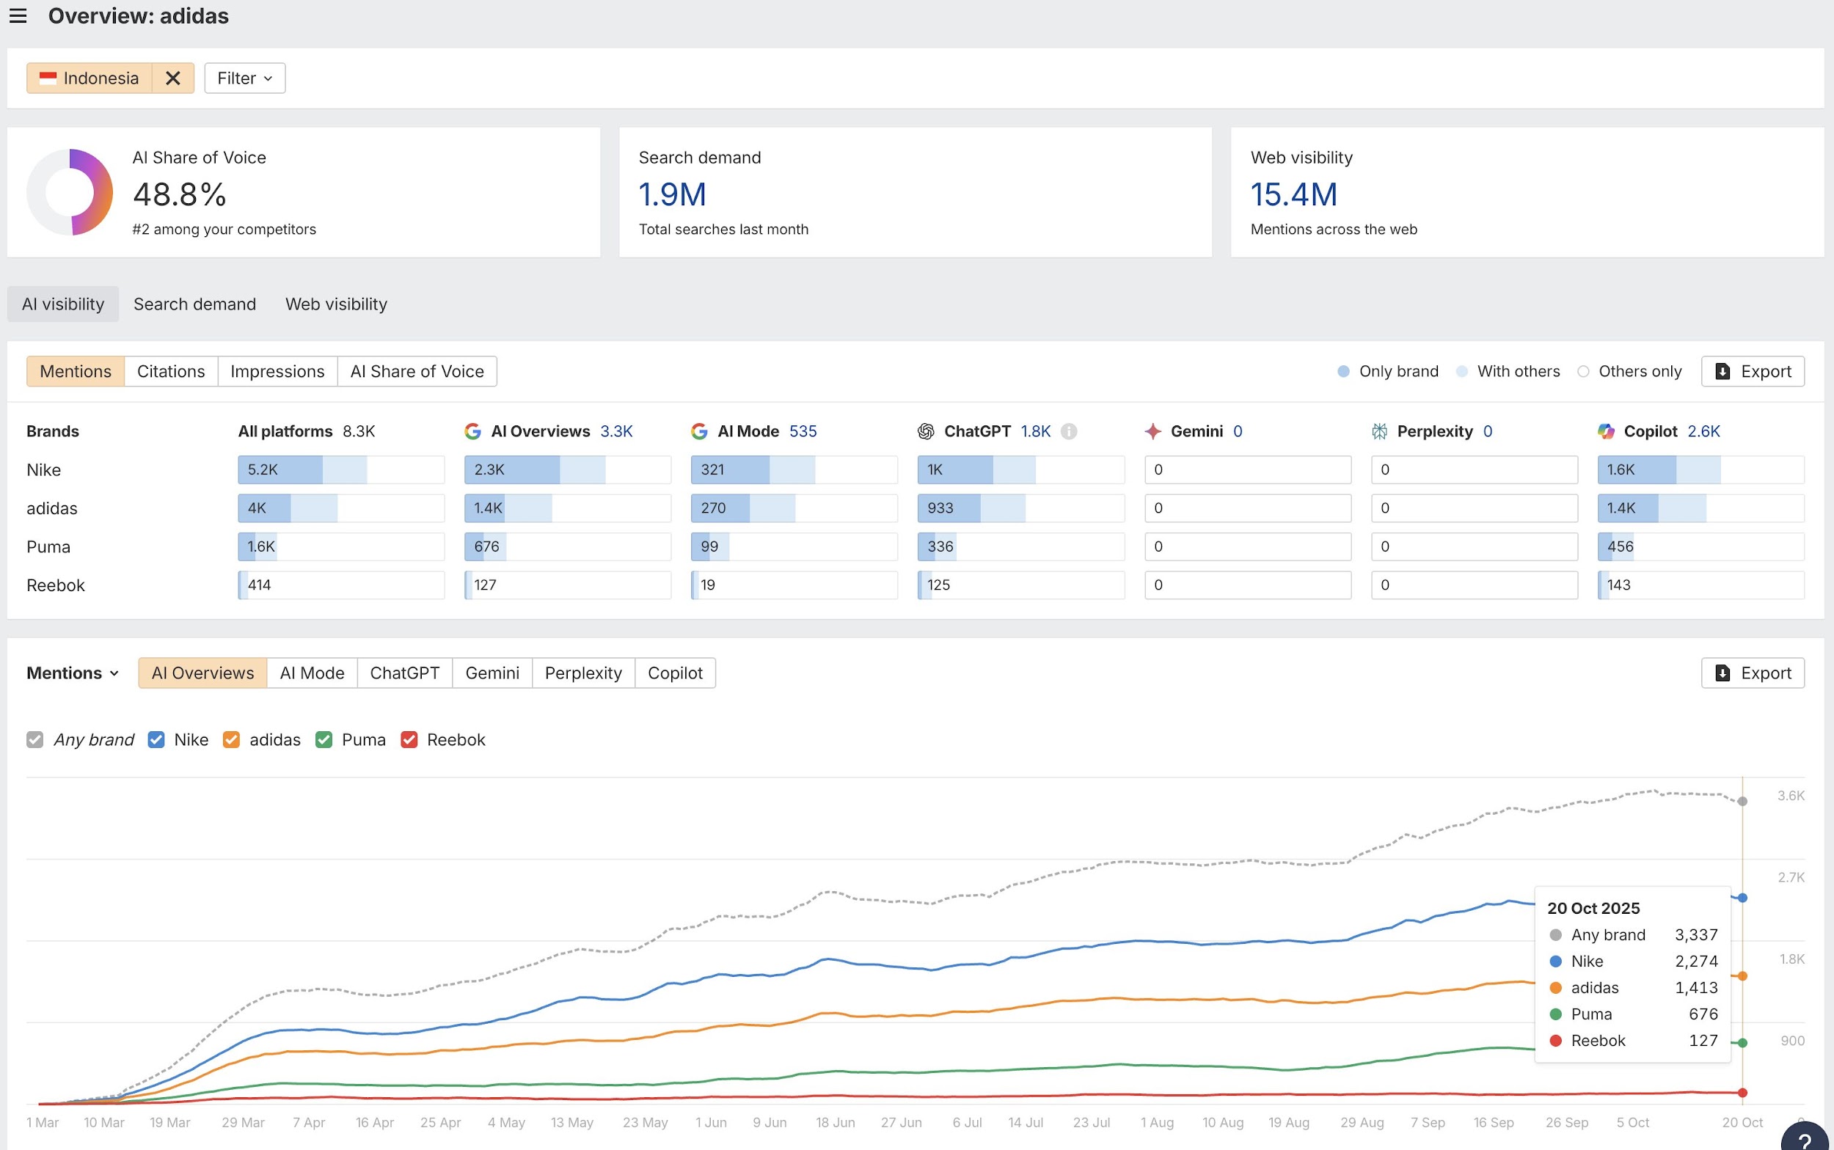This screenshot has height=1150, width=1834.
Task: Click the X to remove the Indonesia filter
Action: pyautogui.click(x=172, y=78)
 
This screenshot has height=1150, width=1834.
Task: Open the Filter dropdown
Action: pyautogui.click(x=244, y=78)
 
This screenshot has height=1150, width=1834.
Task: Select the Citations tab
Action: pyautogui.click(x=170, y=371)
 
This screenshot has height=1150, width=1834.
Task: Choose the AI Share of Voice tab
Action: pyautogui.click(x=417, y=371)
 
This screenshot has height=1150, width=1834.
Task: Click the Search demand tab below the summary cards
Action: pyautogui.click(x=194, y=304)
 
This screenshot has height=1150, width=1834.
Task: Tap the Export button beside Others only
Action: pyautogui.click(x=1752, y=371)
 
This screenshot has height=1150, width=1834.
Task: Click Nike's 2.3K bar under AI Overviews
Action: pyautogui.click(x=567, y=470)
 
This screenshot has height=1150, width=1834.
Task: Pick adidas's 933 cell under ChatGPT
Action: pyautogui.click(x=1020, y=508)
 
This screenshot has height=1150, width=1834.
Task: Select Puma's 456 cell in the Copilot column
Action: pyautogui.click(x=1700, y=547)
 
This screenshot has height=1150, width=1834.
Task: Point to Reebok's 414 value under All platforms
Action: pyautogui.click(x=260, y=585)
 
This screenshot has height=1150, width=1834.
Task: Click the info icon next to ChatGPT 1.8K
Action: pyautogui.click(x=1069, y=431)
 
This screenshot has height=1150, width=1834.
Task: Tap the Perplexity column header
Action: pyautogui.click(x=1434, y=431)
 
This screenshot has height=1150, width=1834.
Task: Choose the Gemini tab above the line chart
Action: pyautogui.click(x=492, y=673)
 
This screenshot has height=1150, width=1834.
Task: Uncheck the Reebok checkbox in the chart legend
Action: pyautogui.click(x=409, y=740)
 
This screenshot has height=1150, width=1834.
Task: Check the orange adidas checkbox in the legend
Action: pyautogui.click(x=231, y=740)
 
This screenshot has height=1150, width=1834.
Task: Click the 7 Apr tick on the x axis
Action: pyautogui.click(x=309, y=1123)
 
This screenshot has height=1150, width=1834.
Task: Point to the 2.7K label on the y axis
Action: pyautogui.click(x=1791, y=878)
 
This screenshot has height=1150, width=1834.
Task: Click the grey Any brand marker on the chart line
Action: pyautogui.click(x=1742, y=802)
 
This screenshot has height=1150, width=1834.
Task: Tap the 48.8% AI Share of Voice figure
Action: pyautogui.click(x=180, y=194)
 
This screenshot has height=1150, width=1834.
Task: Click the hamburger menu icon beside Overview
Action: pyautogui.click(x=18, y=16)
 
